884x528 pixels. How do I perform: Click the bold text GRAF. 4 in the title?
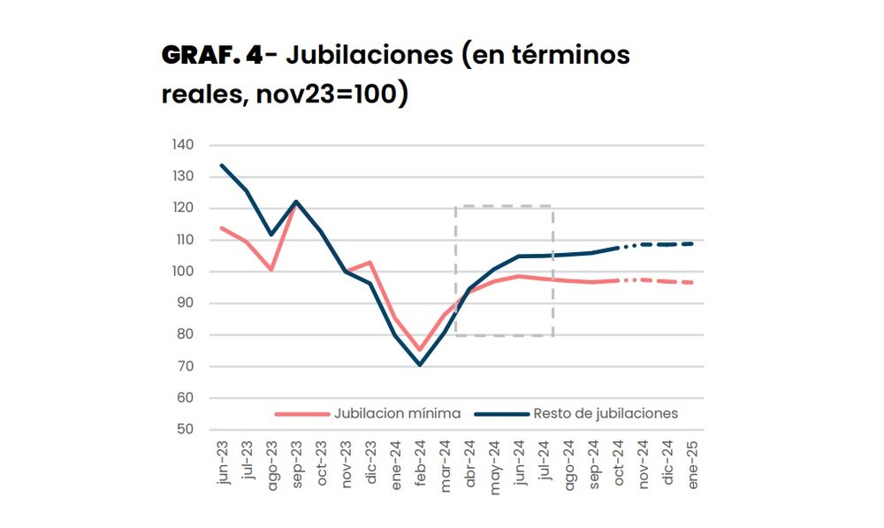pyautogui.click(x=211, y=56)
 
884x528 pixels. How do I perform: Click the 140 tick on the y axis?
pyautogui.click(x=183, y=145)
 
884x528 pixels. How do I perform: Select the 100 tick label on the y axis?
pyautogui.click(x=183, y=272)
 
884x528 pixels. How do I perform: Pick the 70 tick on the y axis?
pyautogui.click(x=185, y=366)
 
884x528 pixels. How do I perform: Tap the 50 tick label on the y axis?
pyautogui.click(x=185, y=430)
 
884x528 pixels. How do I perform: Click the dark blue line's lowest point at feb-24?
pyautogui.click(x=420, y=364)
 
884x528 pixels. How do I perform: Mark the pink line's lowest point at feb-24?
pyautogui.click(x=420, y=350)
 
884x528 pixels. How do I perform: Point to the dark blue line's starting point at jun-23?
pyautogui.click(x=222, y=165)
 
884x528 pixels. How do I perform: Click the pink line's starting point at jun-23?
pyautogui.click(x=222, y=228)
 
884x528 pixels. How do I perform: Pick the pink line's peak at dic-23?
pyautogui.click(x=370, y=262)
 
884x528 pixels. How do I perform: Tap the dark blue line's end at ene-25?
pyautogui.click(x=691, y=243)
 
